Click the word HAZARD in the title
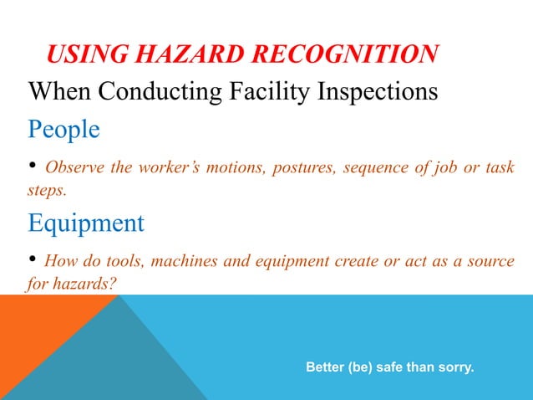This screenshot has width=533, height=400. [x=197, y=55]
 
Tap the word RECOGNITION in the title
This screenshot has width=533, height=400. [x=353, y=55]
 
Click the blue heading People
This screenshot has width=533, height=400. [x=63, y=130]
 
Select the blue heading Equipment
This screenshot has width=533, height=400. [x=86, y=223]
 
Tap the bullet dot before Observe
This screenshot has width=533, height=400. [x=33, y=166]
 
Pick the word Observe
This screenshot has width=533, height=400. [x=74, y=167]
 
